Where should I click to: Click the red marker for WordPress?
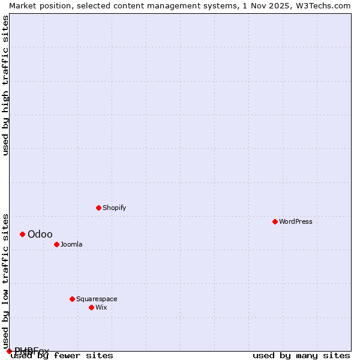click(275, 221)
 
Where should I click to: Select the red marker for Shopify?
click(98, 208)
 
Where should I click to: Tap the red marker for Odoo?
click(22, 234)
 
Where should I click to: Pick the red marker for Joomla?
click(56, 244)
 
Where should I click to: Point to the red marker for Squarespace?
click(72, 299)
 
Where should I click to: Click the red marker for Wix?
click(91, 307)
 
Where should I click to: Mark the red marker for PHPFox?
click(9, 351)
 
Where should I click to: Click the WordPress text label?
click(296, 221)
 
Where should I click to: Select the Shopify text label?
click(114, 208)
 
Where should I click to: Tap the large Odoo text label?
click(40, 234)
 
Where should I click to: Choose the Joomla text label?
click(71, 244)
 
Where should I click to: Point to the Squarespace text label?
click(97, 299)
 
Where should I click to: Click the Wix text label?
click(101, 307)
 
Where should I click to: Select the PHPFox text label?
click(32, 350)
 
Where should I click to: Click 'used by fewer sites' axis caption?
click(62, 356)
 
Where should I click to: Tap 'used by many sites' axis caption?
click(301, 356)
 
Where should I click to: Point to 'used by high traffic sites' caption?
click(5, 85)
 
